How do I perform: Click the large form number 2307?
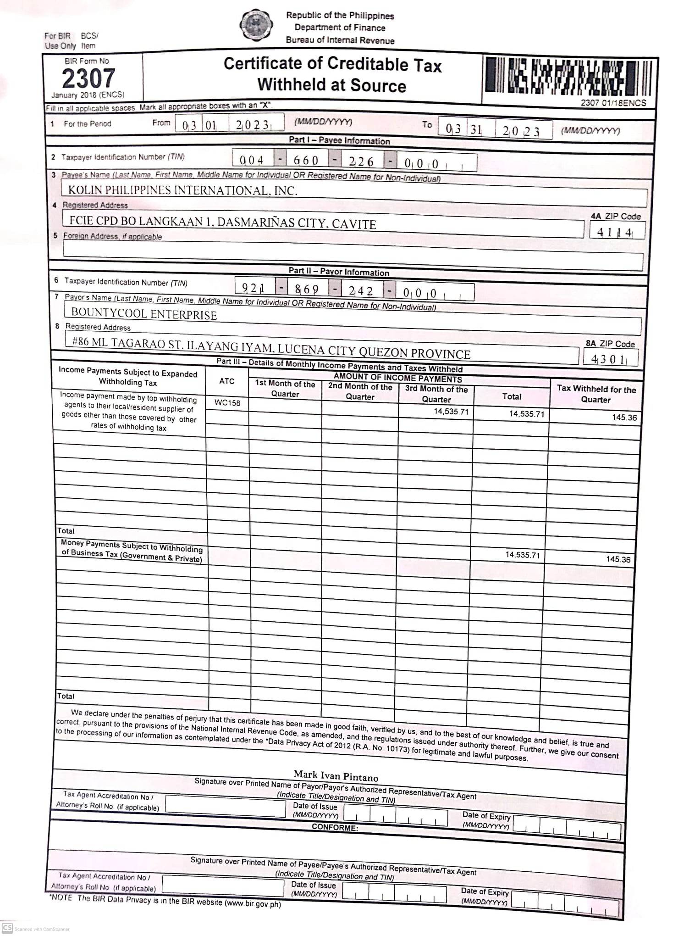[88, 78]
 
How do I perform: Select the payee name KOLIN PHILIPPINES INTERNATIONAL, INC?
[182, 190]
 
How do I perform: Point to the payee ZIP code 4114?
[615, 232]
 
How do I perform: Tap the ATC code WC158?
[227, 403]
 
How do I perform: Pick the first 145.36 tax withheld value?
[624, 418]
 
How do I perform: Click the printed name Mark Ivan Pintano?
[336, 775]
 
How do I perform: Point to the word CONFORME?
[335, 827]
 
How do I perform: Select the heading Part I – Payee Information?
[339, 140]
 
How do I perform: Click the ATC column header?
[226, 381]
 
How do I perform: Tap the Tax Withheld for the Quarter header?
[595, 394]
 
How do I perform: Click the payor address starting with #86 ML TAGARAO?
[271, 348]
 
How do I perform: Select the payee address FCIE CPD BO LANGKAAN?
[222, 223]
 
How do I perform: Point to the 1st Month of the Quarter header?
[285, 388]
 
